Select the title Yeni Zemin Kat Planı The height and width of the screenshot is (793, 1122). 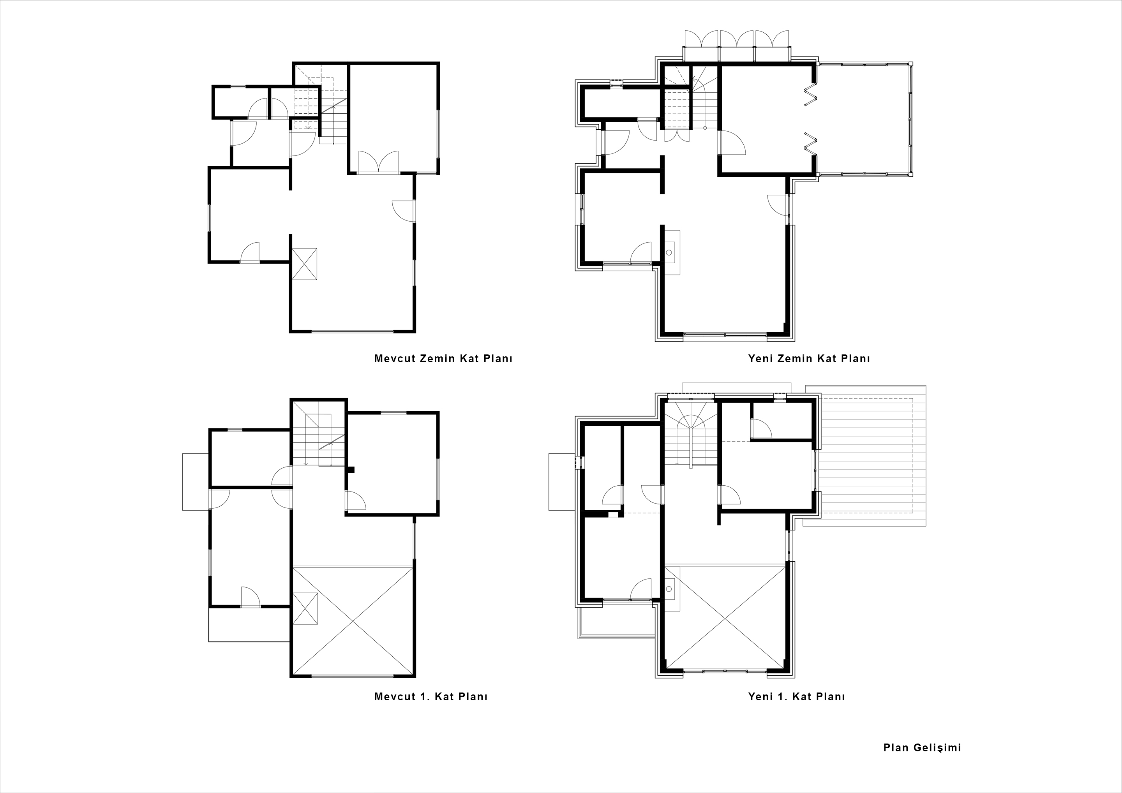click(x=809, y=358)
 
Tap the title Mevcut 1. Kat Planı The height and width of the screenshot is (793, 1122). click(x=430, y=696)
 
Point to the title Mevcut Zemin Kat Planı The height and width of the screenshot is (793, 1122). click(x=443, y=358)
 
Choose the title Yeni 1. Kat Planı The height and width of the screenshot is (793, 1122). click(x=796, y=696)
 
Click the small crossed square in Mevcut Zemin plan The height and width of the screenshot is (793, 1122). click(x=304, y=264)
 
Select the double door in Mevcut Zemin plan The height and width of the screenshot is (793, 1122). click(x=379, y=162)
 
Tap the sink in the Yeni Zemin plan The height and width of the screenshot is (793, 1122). click(x=672, y=252)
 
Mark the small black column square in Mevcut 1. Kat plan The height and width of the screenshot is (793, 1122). click(x=350, y=470)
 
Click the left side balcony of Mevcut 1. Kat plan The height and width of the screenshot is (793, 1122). click(x=196, y=482)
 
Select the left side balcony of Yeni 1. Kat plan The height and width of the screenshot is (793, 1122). click(x=562, y=482)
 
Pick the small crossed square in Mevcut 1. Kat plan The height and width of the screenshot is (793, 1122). click(x=305, y=608)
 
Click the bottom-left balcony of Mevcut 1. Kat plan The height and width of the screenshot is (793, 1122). click(x=250, y=624)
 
